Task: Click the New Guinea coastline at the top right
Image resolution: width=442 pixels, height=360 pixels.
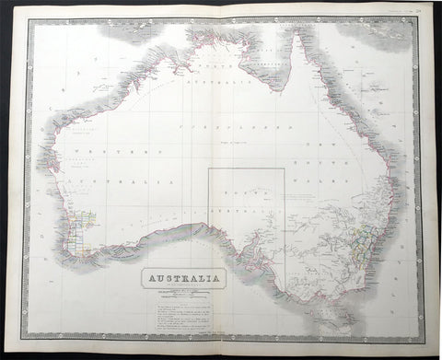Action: [368, 28]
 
